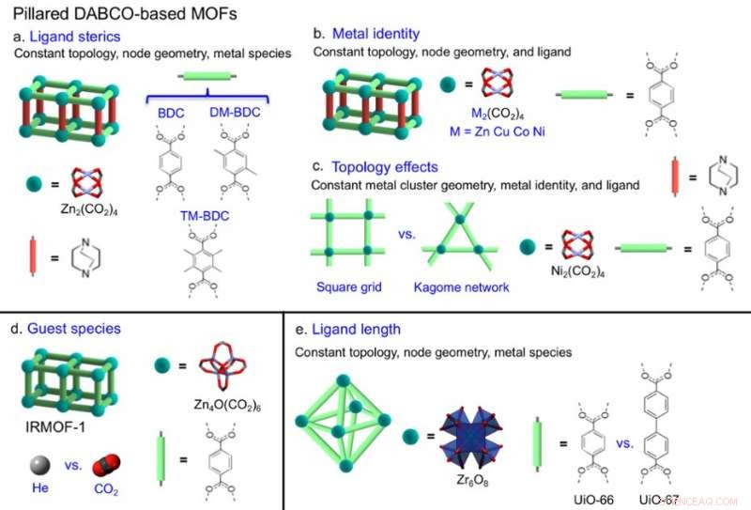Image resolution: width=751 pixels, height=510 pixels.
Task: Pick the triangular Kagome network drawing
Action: tap(461, 239)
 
